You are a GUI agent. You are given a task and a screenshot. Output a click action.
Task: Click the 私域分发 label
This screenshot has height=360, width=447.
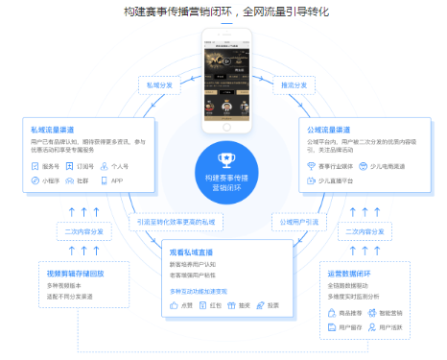point(158,84)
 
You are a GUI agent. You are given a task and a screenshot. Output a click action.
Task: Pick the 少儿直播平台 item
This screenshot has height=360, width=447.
point(334,180)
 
